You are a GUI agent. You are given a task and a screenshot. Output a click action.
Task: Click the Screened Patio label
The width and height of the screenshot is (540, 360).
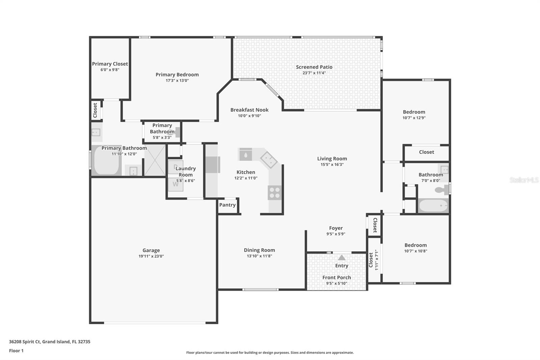(314, 67)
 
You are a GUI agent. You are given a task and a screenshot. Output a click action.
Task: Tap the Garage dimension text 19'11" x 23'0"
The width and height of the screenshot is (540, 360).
(151, 256)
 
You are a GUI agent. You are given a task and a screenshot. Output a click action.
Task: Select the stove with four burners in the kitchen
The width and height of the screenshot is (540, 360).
(274, 193)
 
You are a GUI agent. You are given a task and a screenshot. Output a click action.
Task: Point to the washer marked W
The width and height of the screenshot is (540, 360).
(176, 184)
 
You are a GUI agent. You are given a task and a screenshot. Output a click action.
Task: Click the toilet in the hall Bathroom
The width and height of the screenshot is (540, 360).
(441, 190)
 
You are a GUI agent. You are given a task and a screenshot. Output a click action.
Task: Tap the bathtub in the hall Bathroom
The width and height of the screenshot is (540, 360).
(433, 206)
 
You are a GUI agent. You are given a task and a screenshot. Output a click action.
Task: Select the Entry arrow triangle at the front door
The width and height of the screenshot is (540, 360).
(342, 258)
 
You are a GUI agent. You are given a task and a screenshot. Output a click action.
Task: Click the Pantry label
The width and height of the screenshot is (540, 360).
(227, 205)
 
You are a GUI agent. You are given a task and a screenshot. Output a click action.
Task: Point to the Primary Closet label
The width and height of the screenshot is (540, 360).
(110, 64)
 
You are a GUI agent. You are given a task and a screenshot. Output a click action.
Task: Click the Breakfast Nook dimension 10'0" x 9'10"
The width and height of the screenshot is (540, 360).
(249, 116)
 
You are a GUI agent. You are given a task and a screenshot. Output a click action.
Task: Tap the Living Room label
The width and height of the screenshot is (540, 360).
(332, 158)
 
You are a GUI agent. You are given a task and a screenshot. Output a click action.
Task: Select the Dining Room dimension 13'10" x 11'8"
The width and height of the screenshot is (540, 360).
(259, 256)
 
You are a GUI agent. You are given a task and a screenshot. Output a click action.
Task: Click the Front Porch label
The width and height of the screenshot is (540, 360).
(336, 277)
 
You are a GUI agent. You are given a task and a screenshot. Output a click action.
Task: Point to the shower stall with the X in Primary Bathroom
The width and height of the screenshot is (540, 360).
(155, 160)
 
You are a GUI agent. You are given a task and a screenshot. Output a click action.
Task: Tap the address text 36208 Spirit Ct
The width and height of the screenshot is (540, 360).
(25, 341)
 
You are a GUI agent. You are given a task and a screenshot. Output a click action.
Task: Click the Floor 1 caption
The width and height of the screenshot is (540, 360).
(16, 351)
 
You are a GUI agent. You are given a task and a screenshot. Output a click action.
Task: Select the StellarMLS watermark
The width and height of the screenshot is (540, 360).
(524, 180)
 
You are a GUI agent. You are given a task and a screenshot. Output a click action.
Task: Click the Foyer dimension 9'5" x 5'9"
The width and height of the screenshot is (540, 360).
(335, 234)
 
